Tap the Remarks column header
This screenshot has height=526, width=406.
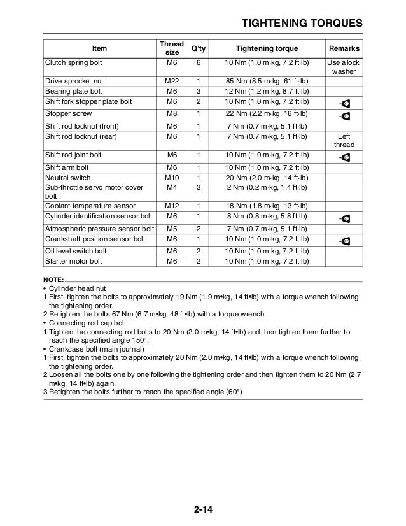point(344,48)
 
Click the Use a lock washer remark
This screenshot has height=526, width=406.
point(344,68)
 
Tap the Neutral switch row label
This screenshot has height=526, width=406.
point(67,178)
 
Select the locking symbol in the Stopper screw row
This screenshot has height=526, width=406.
point(345,116)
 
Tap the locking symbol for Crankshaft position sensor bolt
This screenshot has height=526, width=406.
point(345,241)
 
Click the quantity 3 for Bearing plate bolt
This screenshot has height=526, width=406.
point(199,92)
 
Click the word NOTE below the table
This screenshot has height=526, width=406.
point(53,281)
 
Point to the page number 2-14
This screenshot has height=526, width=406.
point(204,511)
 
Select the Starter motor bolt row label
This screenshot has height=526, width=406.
point(73,261)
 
